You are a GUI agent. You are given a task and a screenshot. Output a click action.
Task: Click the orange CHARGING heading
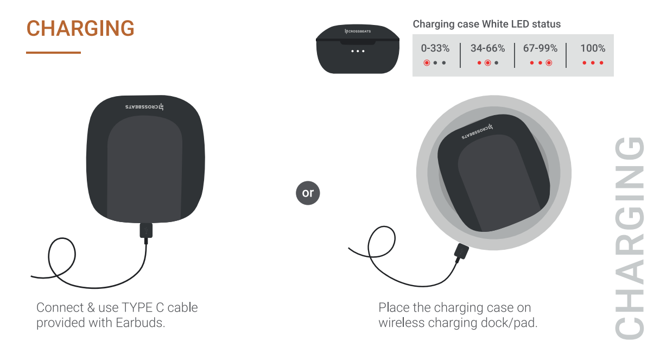click(x=80, y=28)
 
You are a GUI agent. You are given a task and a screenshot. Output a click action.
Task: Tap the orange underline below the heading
click(x=53, y=53)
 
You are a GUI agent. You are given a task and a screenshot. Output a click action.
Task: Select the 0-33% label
click(x=435, y=48)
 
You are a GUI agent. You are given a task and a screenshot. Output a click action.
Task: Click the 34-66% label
click(x=487, y=48)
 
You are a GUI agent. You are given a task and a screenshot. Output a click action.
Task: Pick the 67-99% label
click(x=540, y=48)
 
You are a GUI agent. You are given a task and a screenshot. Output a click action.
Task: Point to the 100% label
click(x=593, y=48)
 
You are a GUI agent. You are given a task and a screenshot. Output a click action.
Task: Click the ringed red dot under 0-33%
click(x=427, y=63)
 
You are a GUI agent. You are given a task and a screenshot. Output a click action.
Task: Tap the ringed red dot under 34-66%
click(x=487, y=63)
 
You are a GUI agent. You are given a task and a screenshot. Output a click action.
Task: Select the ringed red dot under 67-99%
click(x=549, y=63)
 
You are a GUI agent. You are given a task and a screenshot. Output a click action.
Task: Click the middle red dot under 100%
click(x=593, y=63)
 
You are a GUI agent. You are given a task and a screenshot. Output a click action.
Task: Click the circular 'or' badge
click(x=308, y=193)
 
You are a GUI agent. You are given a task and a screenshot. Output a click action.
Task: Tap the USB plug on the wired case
click(x=146, y=231)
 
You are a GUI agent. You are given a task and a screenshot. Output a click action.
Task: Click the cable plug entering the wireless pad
click(x=461, y=252)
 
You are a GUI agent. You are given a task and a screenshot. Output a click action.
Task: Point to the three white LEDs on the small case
click(x=358, y=51)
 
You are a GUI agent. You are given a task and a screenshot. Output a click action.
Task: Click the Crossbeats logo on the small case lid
click(x=358, y=31)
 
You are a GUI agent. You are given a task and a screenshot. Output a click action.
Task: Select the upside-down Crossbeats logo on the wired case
click(x=144, y=107)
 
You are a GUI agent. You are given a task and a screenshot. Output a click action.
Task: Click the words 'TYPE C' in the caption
click(x=142, y=307)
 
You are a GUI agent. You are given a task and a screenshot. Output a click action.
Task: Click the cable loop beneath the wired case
click(x=62, y=255)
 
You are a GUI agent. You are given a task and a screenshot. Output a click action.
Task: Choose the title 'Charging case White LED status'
click(x=486, y=24)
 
